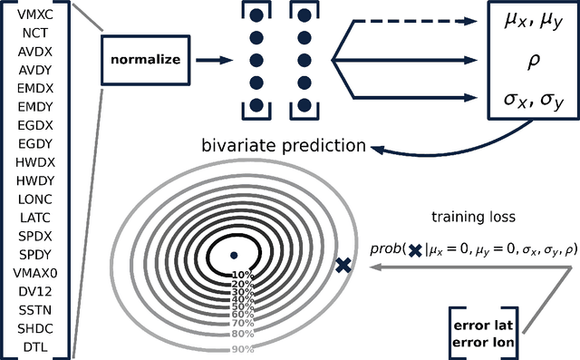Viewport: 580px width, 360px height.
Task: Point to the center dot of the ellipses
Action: [233, 255]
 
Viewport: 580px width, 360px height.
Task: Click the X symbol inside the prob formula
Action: [415, 249]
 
